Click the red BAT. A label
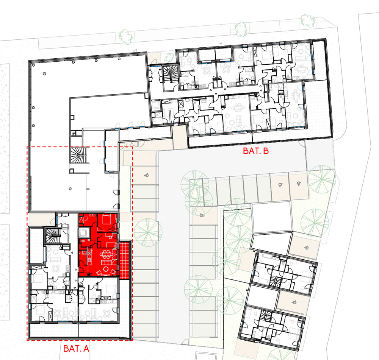(x=76, y=348)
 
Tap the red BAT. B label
(x=256, y=151)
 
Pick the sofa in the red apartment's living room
(x=106, y=262)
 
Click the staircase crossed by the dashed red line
(x=78, y=155)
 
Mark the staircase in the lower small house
(x=266, y=316)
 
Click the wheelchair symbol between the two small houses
(x=294, y=302)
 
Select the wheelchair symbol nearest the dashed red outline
(x=146, y=175)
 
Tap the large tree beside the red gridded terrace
(x=148, y=232)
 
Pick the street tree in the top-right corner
(x=308, y=20)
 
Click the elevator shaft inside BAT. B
(x=155, y=105)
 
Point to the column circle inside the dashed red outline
(x=70, y=189)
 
